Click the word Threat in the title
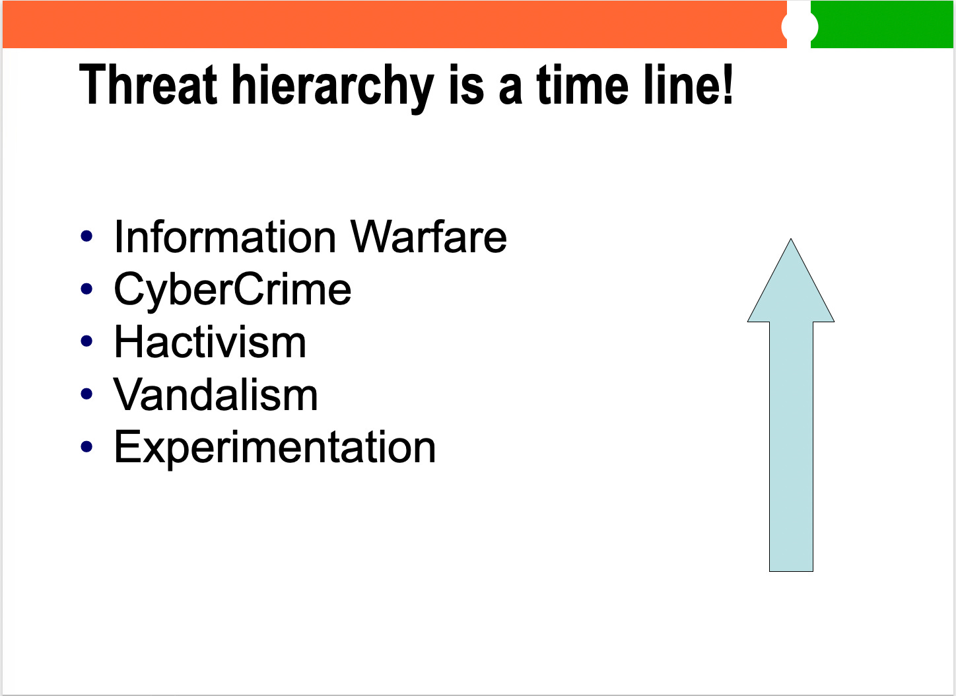tap(148, 84)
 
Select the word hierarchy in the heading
tap(333, 88)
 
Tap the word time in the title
tap(582, 84)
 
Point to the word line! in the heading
tap(689, 84)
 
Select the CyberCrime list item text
tap(232, 291)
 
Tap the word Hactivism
tap(210, 341)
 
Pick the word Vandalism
tap(215, 394)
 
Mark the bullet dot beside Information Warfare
tap(86, 236)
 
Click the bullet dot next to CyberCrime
tap(86, 289)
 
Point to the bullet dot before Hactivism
tap(86, 341)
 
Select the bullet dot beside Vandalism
tap(86, 394)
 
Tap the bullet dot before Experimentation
tap(86, 446)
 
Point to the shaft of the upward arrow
tap(791, 446)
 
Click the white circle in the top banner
tap(800, 27)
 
